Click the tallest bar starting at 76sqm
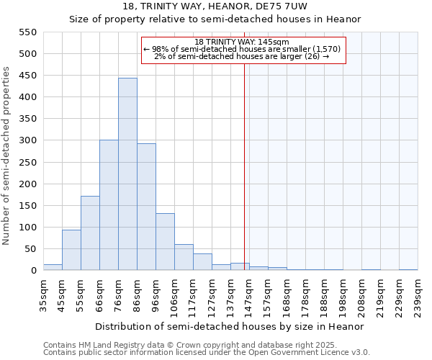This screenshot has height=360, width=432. (x=127, y=174)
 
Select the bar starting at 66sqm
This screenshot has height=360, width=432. (x=109, y=205)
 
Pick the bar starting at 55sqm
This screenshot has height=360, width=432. (x=90, y=233)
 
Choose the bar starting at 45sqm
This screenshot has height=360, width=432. (x=71, y=250)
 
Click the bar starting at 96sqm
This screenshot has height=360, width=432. (x=165, y=242)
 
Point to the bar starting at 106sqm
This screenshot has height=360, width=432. (x=184, y=257)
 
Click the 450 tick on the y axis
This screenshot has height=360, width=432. (x=27, y=76)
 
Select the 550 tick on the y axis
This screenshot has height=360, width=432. (x=27, y=32)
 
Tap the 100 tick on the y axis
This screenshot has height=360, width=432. (x=27, y=228)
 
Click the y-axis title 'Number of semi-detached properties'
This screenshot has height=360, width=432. (x=7, y=156)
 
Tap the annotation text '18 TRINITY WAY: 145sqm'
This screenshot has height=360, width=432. (x=242, y=42)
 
